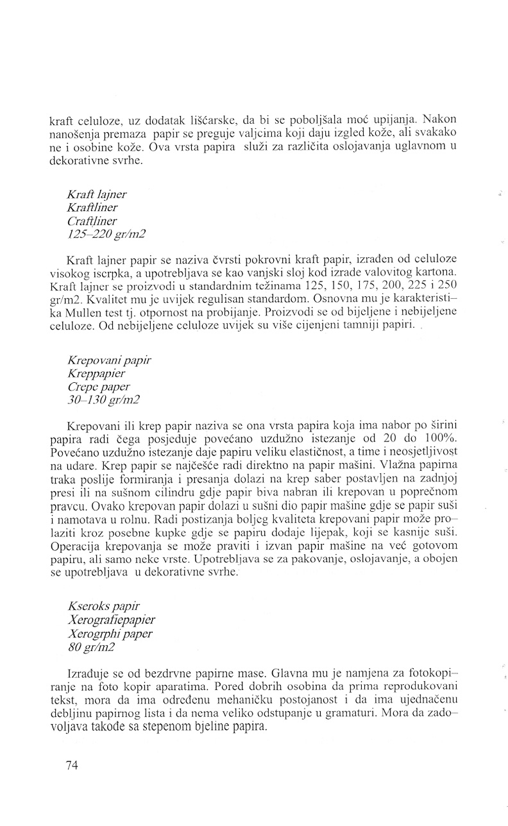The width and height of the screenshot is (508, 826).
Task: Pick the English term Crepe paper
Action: click(x=96, y=386)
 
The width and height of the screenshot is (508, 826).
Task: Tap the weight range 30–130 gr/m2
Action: click(x=103, y=400)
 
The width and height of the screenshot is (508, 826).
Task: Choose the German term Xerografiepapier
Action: click(x=110, y=620)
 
